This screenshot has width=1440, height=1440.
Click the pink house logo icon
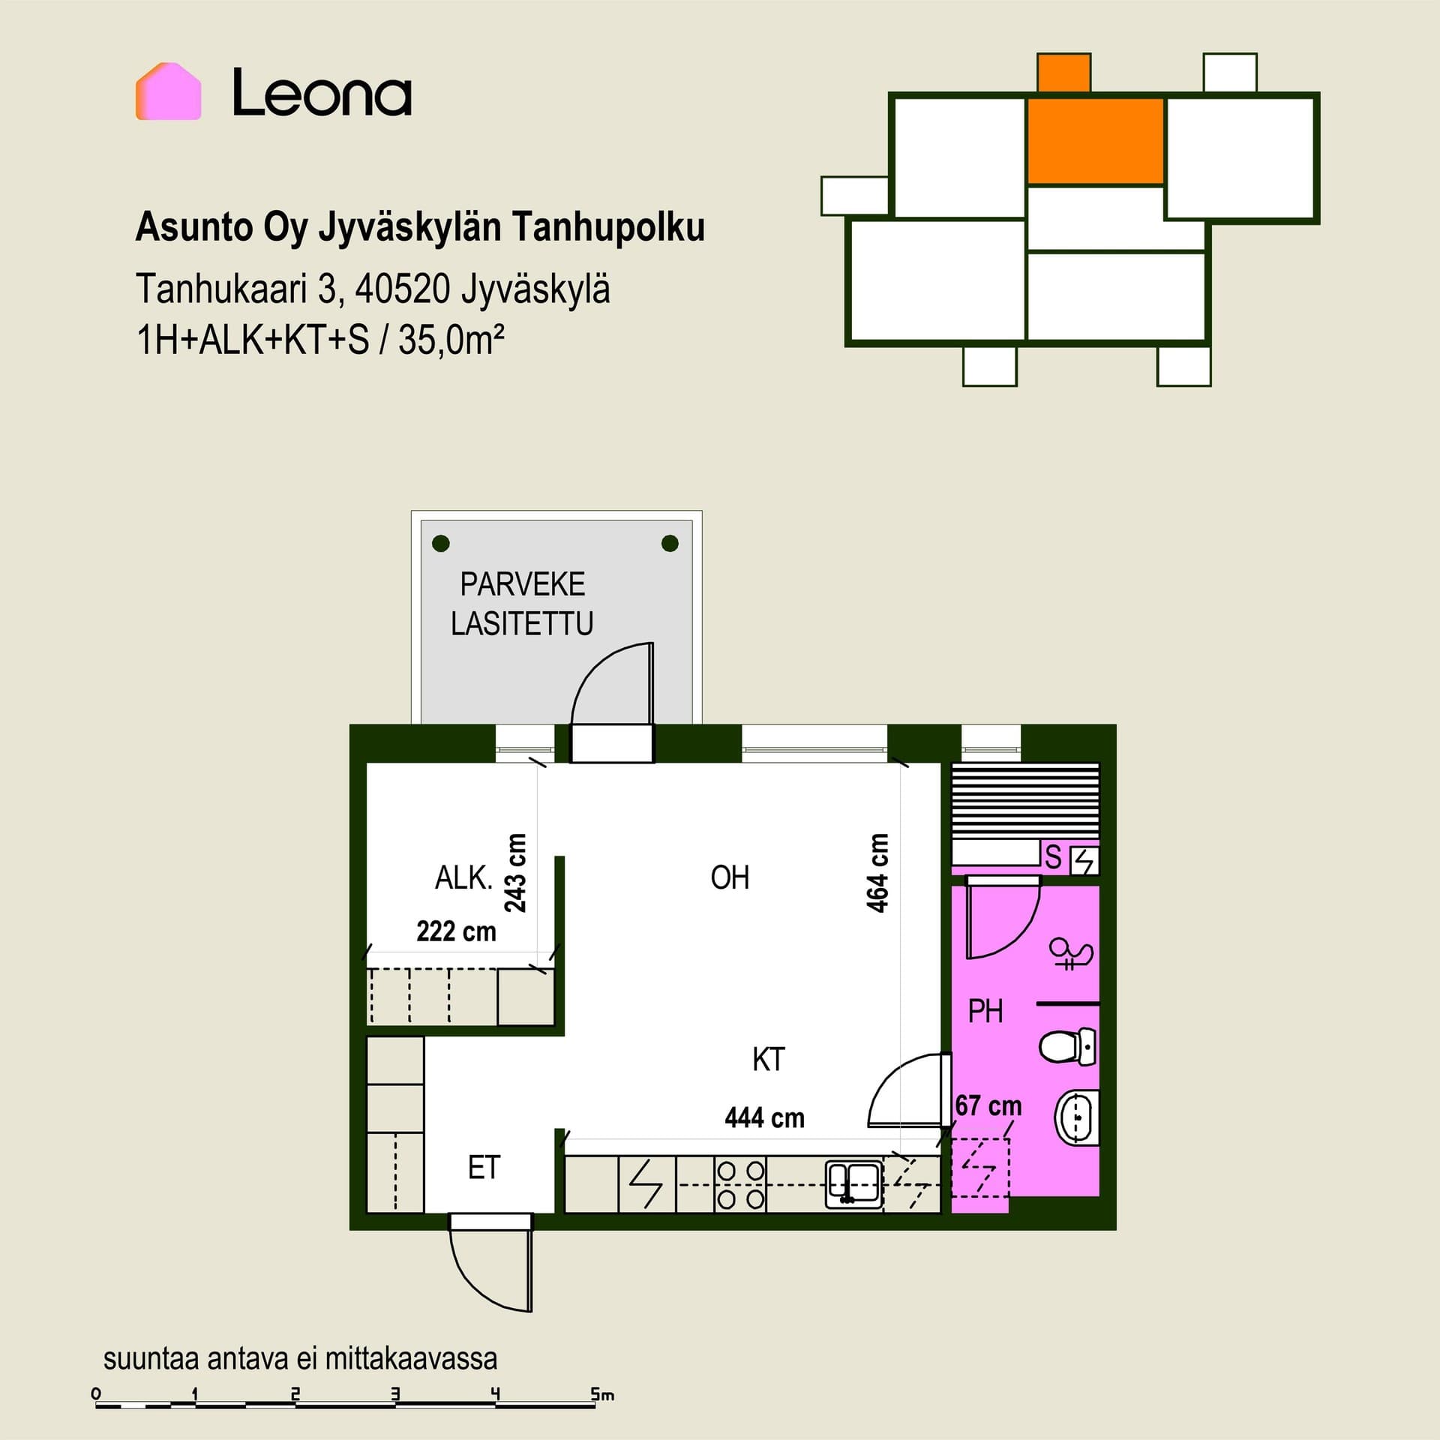(x=168, y=91)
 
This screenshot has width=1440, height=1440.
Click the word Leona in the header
(x=322, y=93)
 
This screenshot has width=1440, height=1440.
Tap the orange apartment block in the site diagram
(x=1094, y=140)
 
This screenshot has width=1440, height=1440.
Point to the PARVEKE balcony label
(x=523, y=584)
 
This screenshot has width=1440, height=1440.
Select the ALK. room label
(x=463, y=877)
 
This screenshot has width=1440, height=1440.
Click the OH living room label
(x=730, y=877)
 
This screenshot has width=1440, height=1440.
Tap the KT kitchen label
(x=769, y=1060)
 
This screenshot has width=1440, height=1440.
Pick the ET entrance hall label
(x=484, y=1167)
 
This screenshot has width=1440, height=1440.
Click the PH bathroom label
(x=985, y=1012)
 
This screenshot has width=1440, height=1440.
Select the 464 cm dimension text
(x=877, y=872)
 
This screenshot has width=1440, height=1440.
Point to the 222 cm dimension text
(x=456, y=931)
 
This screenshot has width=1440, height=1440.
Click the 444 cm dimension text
(x=764, y=1118)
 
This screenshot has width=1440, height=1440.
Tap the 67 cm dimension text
(x=988, y=1105)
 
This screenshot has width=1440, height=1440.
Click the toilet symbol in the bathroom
(x=1068, y=1046)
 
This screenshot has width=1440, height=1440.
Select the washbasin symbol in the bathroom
(x=1077, y=1117)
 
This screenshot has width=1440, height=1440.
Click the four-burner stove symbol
(x=740, y=1185)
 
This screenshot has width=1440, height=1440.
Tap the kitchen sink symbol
(x=853, y=1184)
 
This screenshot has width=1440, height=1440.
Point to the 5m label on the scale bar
(x=602, y=1395)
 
